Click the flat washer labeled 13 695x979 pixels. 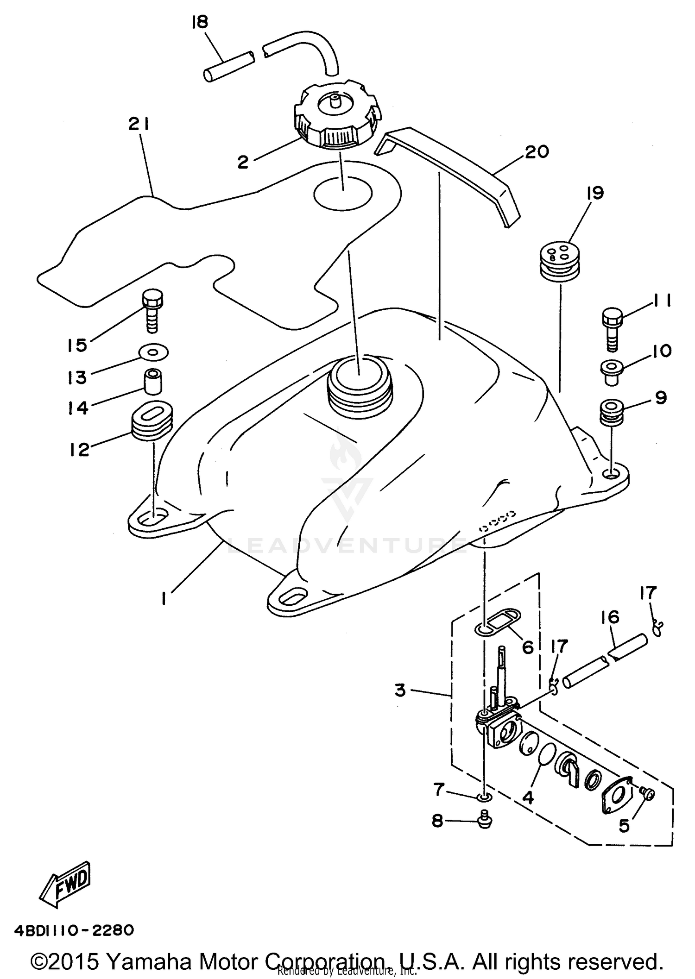pyautogui.click(x=153, y=352)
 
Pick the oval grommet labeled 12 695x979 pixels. pyautogui.click(x=152, y=420)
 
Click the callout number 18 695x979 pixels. pyautogui.click(x=200, y=22)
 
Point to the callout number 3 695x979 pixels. pyautogui.click(x=400, y=690)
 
